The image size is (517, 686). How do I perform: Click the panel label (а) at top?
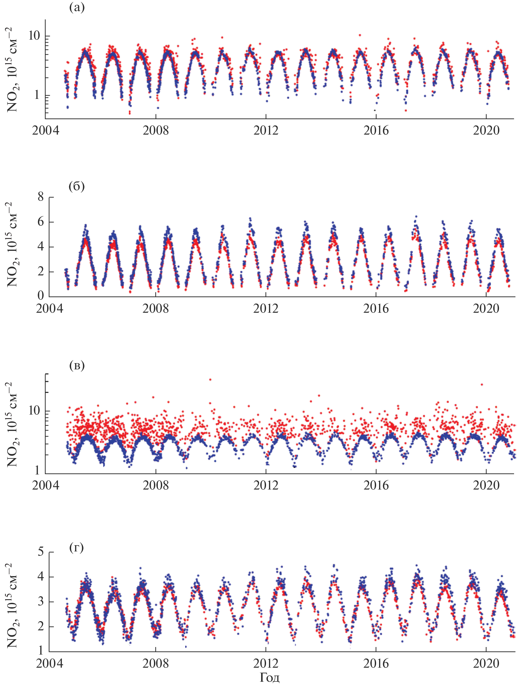[77, 7]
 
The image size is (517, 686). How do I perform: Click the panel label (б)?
[77, 186]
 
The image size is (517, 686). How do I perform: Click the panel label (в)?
[77, 365]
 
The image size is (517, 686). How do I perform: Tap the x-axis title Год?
[269, 677]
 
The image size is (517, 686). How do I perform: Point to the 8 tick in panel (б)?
[41, 197]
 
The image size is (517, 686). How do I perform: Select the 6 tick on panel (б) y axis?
[41, 222]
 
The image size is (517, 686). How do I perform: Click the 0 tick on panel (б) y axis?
[41, 296]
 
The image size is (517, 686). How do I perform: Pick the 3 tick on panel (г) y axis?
[41, 602]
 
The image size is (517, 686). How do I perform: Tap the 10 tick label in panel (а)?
[34, 36]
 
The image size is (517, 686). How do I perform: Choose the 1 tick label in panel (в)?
[37, 471]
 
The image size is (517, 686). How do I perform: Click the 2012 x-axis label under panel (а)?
[266, 130]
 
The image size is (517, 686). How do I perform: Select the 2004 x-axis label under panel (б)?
[49, 308]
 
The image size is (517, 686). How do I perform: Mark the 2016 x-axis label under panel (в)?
[376, 485]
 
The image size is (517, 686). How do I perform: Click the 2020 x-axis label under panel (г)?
[486, 663]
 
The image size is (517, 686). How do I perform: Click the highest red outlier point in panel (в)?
[210, 380]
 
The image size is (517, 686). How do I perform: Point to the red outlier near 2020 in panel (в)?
[482, 385]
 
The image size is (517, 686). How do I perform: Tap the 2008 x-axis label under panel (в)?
[156, 485]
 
